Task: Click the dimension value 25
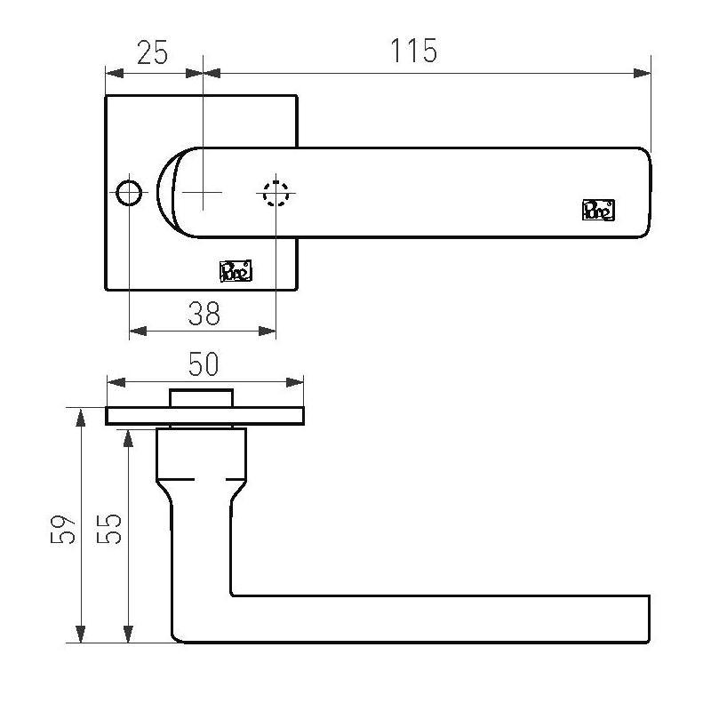[152, 52]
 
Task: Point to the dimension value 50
[204, 364]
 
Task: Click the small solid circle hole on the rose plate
[129, 192]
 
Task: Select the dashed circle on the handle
[276, 193]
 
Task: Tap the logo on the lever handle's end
[598, 210]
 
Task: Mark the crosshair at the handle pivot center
[203, 192]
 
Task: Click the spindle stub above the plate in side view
[202, 397]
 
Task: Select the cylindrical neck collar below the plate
[201, 453]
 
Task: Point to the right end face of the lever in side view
[649, 618]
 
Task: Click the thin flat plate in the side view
[205, 416]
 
